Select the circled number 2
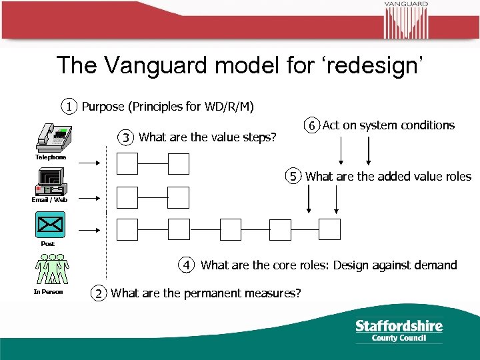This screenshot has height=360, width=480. pos(99,293)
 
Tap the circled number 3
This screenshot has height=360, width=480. pos(126,137)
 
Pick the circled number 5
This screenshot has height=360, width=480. pos(293,177)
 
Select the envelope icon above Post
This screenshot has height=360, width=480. pos(51,225)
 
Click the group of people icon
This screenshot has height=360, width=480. pos(51,269)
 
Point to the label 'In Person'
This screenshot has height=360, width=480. pos(49,291)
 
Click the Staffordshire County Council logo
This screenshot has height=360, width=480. pos(399,330)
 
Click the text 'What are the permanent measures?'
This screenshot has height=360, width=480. pos(205,293)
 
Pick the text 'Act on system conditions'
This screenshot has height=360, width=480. pos(389,125)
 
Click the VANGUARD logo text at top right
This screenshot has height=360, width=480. pos(405,4)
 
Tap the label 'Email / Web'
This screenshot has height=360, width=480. pos(49,200)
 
